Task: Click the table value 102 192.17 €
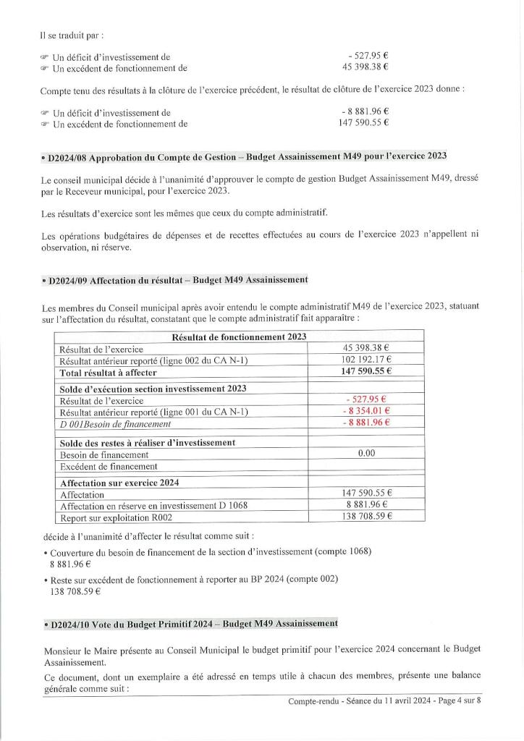pos(366,360)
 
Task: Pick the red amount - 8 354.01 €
pos(366,411)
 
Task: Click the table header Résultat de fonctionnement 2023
pos(239,336)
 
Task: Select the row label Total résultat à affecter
pos(109,372)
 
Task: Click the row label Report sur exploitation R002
pos(116,517)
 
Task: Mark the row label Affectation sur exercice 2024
pos(119,482)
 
